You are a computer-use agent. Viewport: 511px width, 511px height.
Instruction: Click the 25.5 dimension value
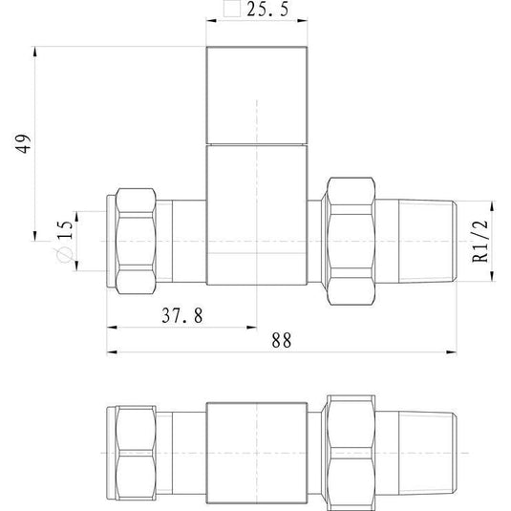(267, 10)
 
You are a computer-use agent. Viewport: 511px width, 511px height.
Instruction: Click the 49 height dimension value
(24, 142)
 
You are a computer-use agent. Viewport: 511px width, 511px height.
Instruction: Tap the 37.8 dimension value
(182, 315)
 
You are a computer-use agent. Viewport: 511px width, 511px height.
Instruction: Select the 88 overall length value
(281, 341)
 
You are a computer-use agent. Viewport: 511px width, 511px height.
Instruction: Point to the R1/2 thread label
(480, 241)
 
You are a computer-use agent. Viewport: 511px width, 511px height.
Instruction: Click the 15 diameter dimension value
(65, 230)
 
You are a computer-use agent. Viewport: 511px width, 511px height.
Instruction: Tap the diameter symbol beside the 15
(63, 254)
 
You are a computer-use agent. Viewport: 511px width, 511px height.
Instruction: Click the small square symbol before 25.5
(232, 9)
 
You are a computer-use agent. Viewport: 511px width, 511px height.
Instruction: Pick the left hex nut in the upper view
(136, 241)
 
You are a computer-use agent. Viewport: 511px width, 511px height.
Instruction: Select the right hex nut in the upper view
(351, 241)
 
